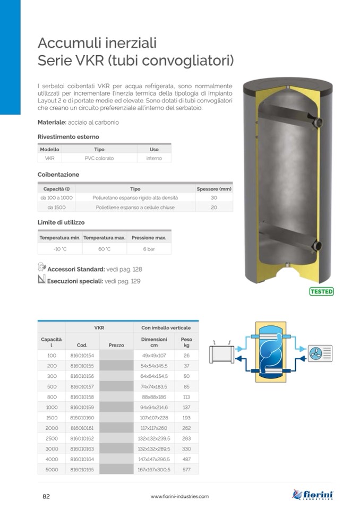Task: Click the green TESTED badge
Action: [x=321, y=291]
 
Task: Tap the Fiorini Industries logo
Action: [x=313, y=495]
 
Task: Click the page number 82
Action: [x=46, y=496]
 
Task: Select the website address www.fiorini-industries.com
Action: [x=179, y=496]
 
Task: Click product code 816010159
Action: [x=82, y=408]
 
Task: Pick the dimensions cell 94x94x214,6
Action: [x=154, y=408]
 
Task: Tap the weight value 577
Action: [x=186, y=470]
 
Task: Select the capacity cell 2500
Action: [x=52, y=438]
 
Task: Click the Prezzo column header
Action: [x=116, y=345]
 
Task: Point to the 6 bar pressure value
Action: [x=149, y=249]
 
